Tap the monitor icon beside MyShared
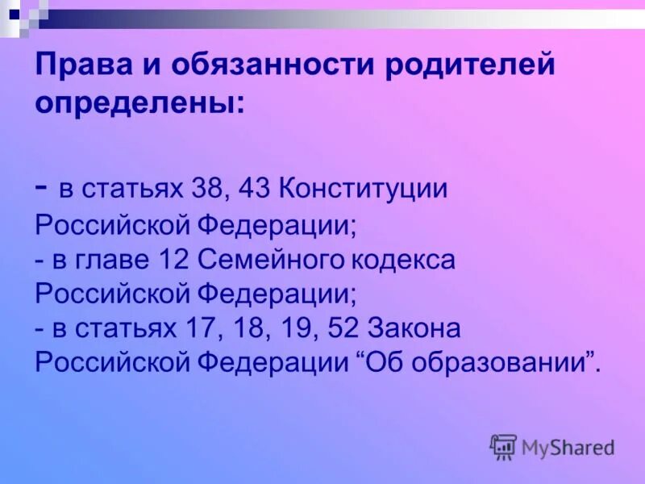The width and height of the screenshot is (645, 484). (x=503, y=446)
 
